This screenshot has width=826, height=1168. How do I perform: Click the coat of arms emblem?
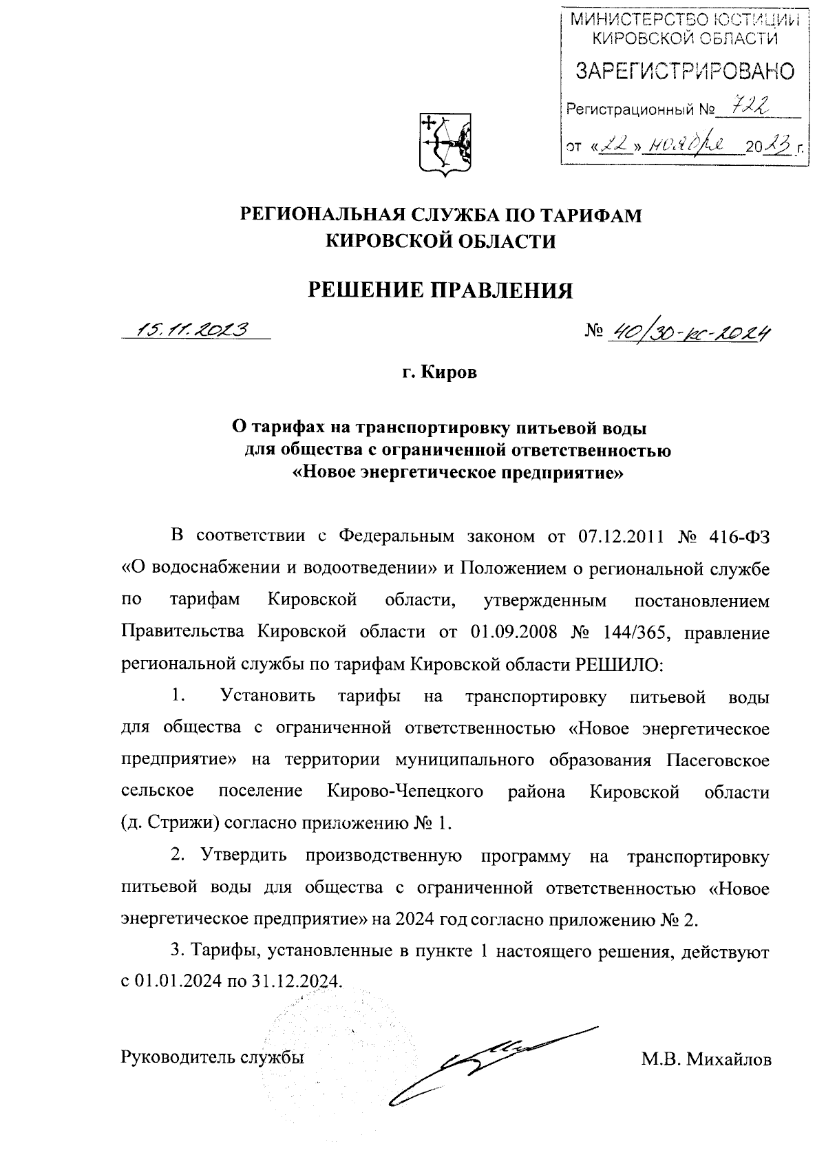pos(445,142)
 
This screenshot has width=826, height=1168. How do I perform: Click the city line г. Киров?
pos(440,373)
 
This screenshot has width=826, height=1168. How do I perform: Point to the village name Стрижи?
pos(182,823)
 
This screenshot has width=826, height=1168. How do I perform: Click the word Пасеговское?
pos(719,760)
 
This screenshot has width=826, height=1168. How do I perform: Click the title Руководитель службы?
pos(213,1057)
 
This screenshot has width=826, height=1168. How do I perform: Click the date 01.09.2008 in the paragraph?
pos(514,633)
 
